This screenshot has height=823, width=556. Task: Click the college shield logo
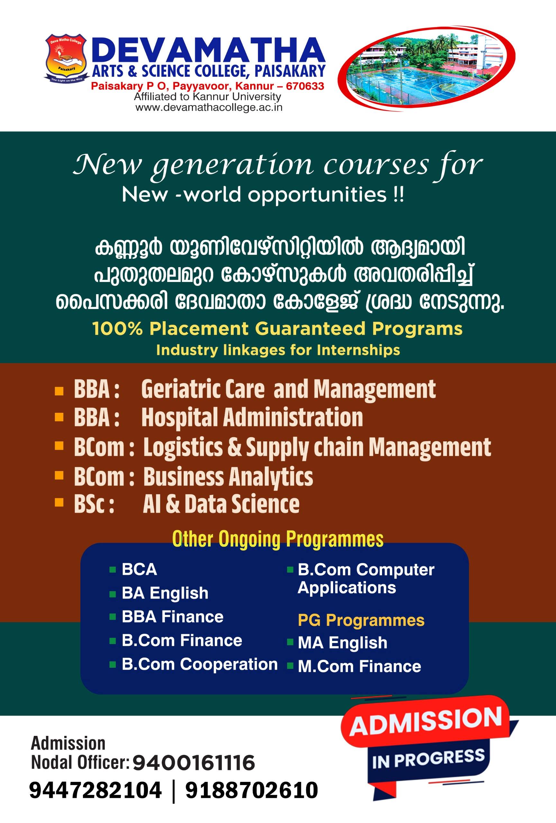[64, 58]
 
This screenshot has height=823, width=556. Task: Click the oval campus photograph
[426, 69]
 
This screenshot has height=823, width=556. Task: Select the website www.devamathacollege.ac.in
[209, 107]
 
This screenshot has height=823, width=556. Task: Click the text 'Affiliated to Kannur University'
[207, 97]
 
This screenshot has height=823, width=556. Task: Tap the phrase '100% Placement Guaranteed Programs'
[278, 329]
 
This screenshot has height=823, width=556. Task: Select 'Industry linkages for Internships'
[278, 350]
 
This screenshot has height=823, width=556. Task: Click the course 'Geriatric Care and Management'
[288, 389]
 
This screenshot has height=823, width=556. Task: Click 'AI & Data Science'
[221, 504]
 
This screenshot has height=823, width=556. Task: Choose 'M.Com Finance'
[360, 666]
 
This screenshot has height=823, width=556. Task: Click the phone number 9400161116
[194, 763]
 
